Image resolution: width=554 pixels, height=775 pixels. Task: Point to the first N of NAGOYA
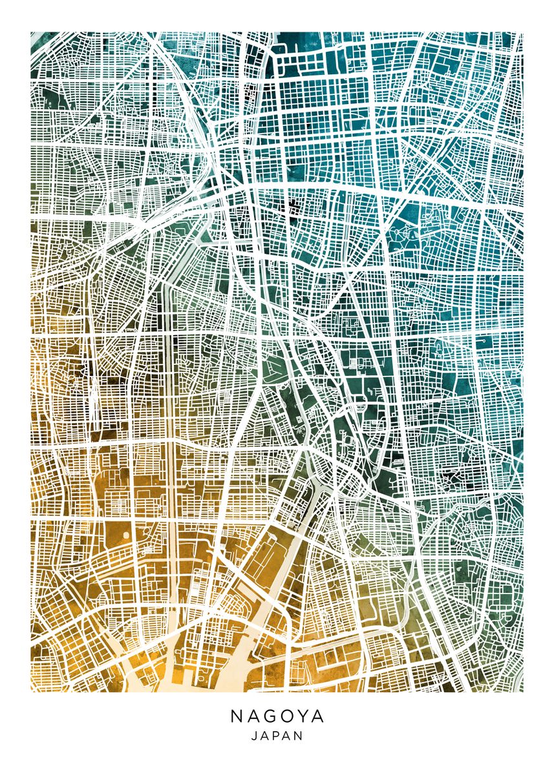point(235,717)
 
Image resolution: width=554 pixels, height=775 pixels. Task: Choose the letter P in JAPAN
point(277,736)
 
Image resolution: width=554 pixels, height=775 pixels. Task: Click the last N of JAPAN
point(299,736)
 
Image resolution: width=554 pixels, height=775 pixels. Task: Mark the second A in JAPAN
point(288,736)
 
